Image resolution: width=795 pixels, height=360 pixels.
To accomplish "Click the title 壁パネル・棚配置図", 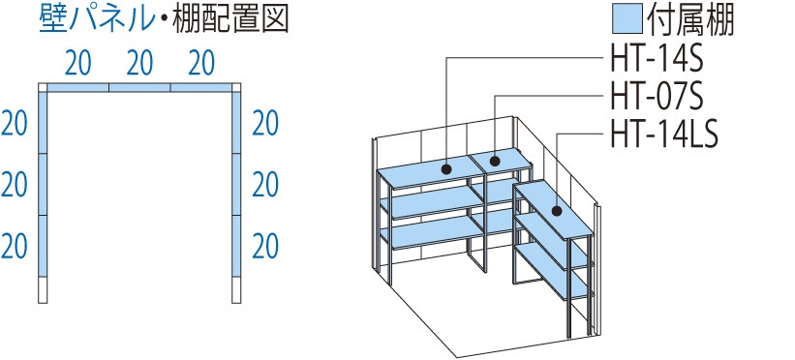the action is click(x=164, y=20).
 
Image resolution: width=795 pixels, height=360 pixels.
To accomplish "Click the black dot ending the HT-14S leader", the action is click(x=447, y=169).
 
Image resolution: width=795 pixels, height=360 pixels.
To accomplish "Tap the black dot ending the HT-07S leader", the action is click(x=495, y=161).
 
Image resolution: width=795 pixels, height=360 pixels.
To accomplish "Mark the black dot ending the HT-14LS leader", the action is click(x=558, y=210).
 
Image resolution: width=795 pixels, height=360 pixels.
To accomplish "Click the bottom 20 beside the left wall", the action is click(x=14, y=245).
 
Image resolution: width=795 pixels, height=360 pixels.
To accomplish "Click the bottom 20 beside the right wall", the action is click(x=265, y=245).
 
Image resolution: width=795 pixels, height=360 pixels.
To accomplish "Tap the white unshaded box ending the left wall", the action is click(x=42, y=289).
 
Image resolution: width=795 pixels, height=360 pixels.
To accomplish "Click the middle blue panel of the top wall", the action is click(x=139, y=88).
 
